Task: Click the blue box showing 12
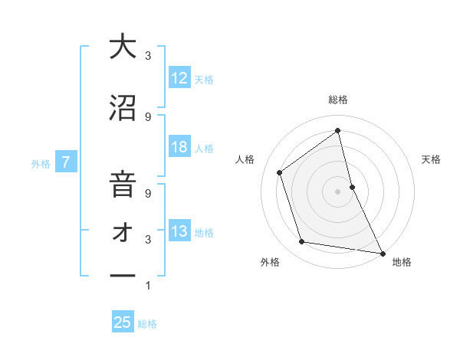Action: [179, 78]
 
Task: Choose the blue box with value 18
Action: [179, 147]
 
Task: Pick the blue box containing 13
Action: [179, 231]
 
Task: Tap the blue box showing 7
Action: [67, 162]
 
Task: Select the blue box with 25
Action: [123, 322]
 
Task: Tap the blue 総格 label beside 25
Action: [148, 324]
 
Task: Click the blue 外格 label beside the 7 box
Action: [41, 163]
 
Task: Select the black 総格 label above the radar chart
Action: [338, 100]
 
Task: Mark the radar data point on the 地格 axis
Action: [382, 253]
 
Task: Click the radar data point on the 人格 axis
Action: [280, 172]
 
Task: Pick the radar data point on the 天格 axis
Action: [352, 186]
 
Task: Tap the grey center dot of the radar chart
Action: [338, 191]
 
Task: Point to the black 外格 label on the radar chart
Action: [270, 262]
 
